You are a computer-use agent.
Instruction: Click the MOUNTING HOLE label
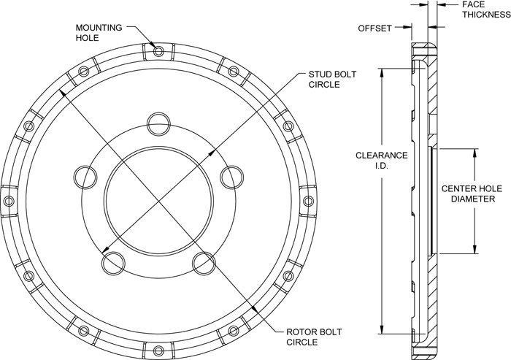99,33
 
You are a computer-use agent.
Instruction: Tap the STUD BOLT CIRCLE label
332,80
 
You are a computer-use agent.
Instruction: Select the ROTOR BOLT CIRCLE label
314,337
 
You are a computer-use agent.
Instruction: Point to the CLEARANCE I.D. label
381,160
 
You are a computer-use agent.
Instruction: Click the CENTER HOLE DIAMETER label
472,194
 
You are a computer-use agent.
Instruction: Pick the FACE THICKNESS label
486,9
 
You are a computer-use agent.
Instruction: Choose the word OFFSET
374,28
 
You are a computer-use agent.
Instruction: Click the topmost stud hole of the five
158,124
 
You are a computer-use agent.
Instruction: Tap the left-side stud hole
85,177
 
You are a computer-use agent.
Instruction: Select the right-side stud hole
231,177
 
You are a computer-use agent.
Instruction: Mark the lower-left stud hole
113,264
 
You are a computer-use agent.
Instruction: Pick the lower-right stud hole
204,264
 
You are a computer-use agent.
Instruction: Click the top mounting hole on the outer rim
158,51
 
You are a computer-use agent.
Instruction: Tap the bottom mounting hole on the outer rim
158,351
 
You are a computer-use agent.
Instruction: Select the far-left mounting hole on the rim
9,201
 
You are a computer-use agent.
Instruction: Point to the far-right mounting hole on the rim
308,201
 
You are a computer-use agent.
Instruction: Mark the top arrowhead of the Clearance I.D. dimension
381,73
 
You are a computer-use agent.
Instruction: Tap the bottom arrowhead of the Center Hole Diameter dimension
474,249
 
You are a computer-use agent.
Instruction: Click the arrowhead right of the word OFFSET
407,28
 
